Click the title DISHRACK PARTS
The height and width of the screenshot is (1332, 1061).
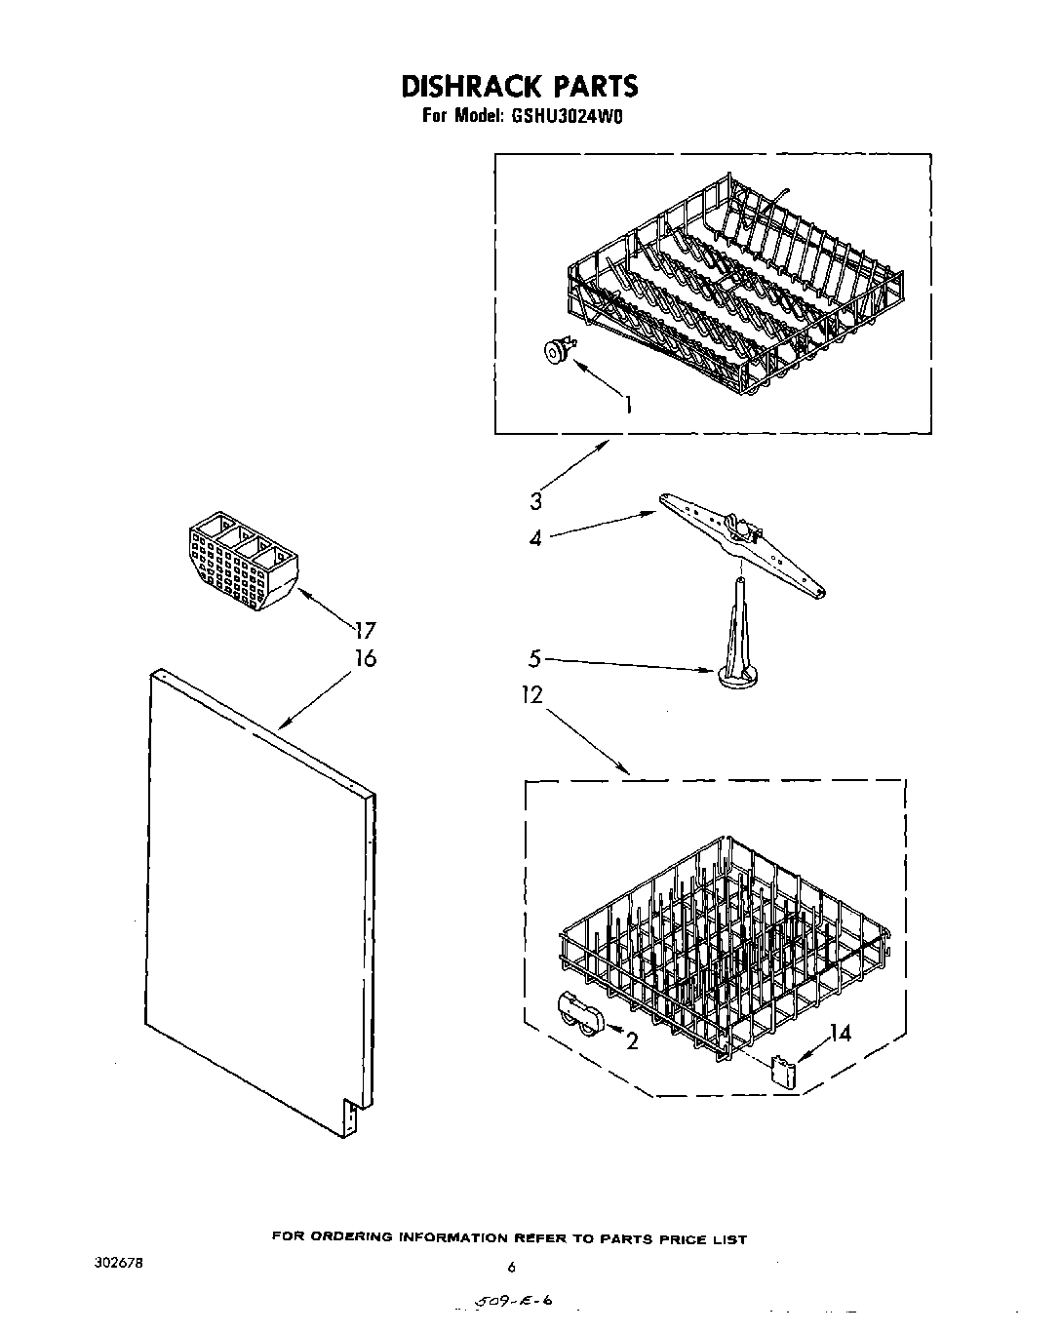pos(519,86)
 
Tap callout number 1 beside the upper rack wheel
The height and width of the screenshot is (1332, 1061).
pos(628,404)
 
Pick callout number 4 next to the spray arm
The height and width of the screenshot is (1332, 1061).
pos(535,537)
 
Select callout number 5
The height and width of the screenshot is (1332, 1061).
pos(534,659)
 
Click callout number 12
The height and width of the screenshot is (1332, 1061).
pos(532,694)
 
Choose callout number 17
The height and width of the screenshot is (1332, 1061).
pos(365,631)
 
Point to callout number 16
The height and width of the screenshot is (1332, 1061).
pos(365,659)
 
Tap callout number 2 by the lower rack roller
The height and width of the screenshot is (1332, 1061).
pos(632,1042)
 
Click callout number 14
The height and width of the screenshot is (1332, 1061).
pos(840,1033)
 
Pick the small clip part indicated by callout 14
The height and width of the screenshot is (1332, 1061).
pos(783,1071)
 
